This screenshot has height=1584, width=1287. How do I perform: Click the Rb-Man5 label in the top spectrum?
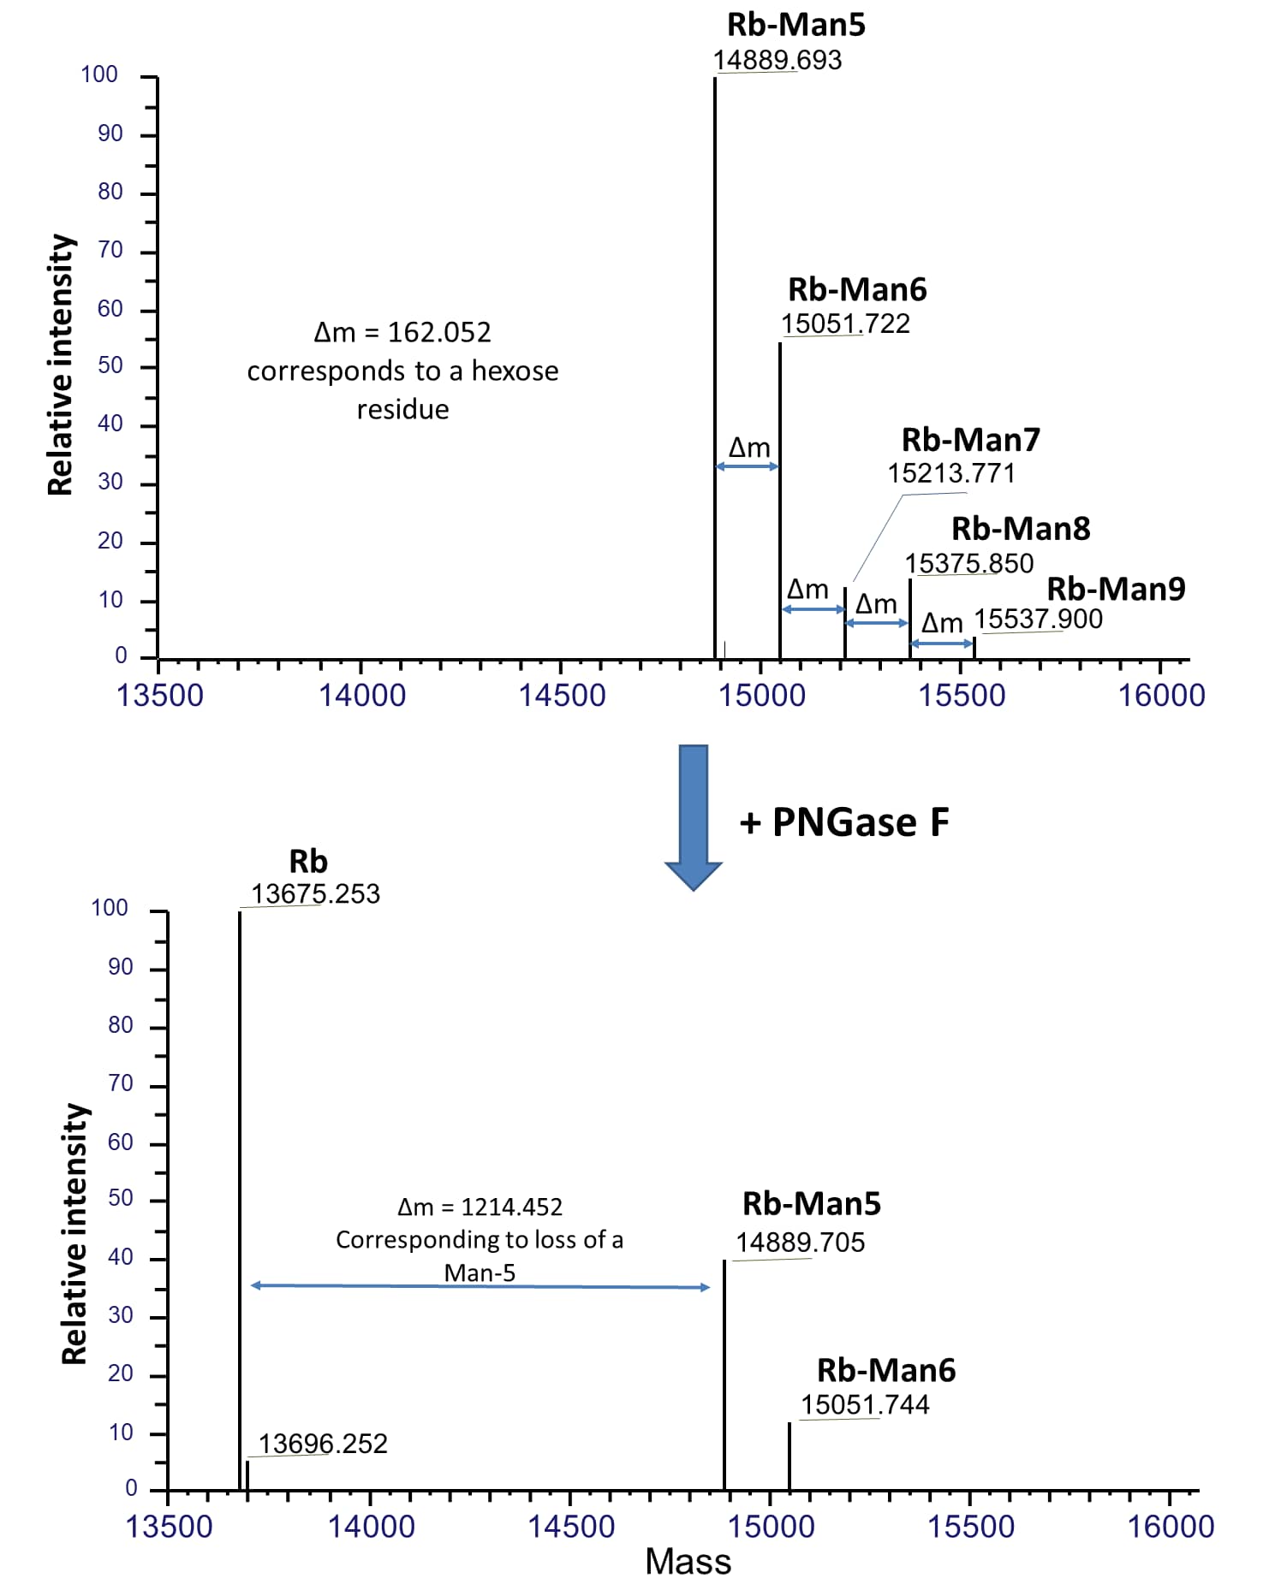795,25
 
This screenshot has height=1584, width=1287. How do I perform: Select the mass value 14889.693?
778,60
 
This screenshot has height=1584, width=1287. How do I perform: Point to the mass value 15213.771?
950,473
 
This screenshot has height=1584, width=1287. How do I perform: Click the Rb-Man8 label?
1021,529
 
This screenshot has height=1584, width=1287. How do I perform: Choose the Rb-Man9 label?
1116,589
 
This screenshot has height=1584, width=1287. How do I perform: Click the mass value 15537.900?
1038,619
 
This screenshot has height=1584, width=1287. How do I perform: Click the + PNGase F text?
843,822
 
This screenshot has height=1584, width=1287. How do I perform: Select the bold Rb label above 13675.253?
308,861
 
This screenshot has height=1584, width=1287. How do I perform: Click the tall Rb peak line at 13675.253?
240,1198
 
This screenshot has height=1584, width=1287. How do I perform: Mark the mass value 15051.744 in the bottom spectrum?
865,1404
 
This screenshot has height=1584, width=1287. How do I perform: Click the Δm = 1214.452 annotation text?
480,1207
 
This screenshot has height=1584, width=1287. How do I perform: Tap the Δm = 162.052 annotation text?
402,332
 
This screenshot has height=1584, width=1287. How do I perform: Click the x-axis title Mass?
688,1562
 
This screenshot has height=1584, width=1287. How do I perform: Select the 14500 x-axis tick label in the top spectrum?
562,695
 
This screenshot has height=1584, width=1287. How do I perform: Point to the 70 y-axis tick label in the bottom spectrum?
121,1083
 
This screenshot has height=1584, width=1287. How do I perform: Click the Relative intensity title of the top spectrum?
61,365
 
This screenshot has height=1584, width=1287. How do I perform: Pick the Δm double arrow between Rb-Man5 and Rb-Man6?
747,466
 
